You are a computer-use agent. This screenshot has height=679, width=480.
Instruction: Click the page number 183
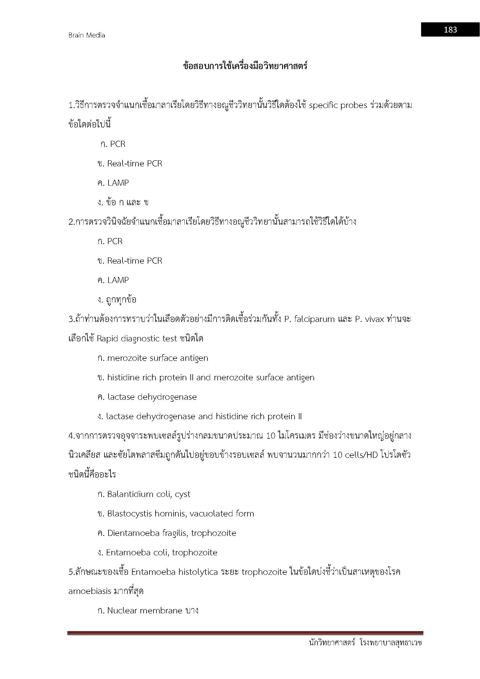pyautogui.click(x=450, y=30)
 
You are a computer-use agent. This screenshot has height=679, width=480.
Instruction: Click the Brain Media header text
pyautogui.click(x=86, y=35)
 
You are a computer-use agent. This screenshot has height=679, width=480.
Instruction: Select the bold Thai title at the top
pyautogui.click(x=245, y=66)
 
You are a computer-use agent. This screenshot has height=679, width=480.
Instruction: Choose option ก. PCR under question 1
pyautogui.click(x=113, y=144)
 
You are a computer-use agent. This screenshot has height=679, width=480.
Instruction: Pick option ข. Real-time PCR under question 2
pyautogui.click(x=130, y=260)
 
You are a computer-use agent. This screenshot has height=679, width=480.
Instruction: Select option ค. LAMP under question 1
pyautogui.click(x=113, y=183)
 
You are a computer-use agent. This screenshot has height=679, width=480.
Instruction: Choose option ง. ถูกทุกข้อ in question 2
pyautogui.click(x=117, y=300)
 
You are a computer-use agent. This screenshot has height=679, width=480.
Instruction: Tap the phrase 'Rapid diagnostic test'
pyautogui.click(x=137, y=338)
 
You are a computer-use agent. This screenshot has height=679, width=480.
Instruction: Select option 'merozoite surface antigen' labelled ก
pyautogui.click(x=153, y=358)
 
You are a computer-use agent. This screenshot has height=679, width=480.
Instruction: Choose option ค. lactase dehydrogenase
pyautogui.click(x=147, y=397)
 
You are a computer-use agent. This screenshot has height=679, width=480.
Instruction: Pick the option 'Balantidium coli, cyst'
pyautogui.click(x=144, y=494)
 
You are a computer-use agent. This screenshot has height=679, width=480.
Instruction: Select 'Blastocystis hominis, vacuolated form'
pyautogui.click(x=176, y=514)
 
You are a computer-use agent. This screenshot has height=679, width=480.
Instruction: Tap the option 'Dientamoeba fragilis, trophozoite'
pyautogui.click(x=167, y=533)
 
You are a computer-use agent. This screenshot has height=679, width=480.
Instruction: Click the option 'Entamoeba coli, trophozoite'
pyautogui.click(x=157, y=552)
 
